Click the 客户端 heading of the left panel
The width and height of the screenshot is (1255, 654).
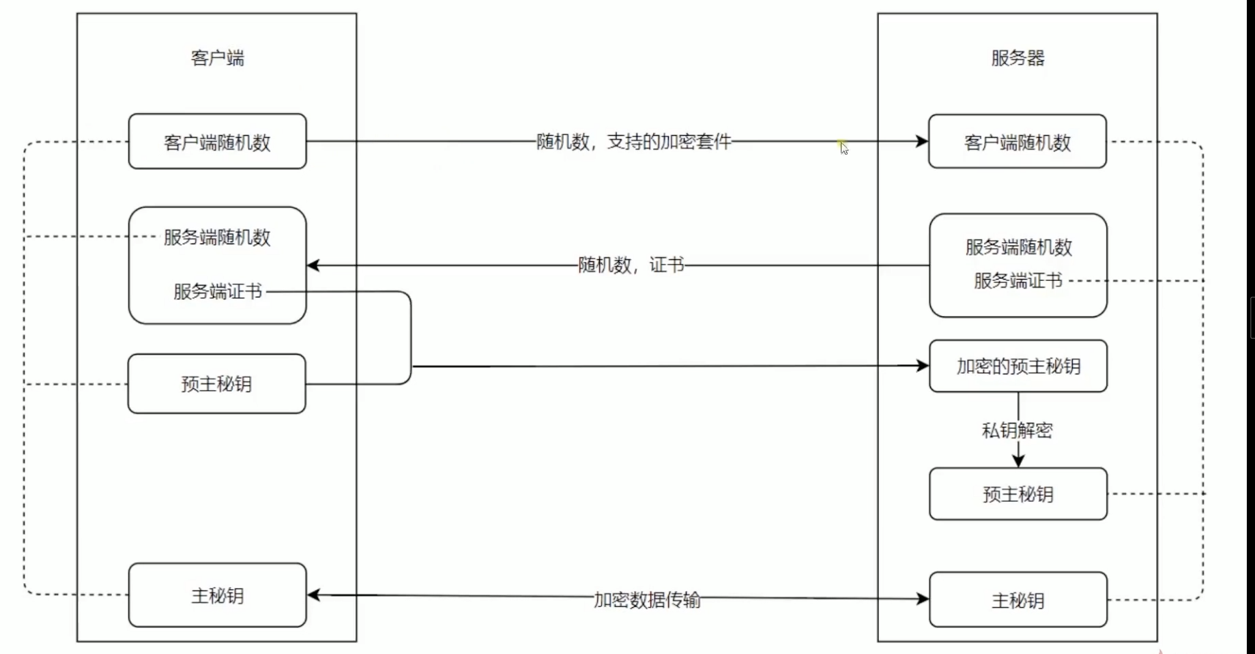click(217, 58)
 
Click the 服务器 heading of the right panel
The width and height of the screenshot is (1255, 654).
click(1018, 58)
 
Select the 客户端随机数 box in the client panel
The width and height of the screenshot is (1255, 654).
click(218, 141)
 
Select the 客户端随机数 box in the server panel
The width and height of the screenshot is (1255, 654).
click(1018, 141)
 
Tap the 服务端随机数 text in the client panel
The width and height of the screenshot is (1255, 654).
click(217, 237)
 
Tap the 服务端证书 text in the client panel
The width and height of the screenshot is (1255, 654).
click(218, 292)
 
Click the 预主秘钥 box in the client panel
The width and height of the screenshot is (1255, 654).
click(217, 383)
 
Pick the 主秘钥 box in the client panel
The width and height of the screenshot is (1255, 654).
click(218, 595)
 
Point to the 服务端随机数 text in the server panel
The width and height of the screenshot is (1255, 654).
click(1018, 247)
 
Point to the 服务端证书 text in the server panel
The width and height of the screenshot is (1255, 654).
click(1018, 280)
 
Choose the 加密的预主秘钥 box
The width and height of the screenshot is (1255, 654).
click(1018, 366)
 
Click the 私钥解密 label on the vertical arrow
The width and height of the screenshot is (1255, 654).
click(1017, 430)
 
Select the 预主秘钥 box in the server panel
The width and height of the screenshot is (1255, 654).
click(1018, 494)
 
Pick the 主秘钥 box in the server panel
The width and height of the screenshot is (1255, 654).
click(1018, 599)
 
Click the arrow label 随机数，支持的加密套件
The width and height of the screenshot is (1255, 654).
click(633, 141)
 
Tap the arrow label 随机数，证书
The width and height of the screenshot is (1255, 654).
click(631, 265)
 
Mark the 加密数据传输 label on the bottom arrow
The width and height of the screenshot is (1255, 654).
click(647, 599)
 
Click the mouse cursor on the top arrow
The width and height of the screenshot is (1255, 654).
click(844, 148)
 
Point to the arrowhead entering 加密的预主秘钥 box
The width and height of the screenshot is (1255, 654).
click(923, 366)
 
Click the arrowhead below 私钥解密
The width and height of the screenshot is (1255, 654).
click(1018, 461)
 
